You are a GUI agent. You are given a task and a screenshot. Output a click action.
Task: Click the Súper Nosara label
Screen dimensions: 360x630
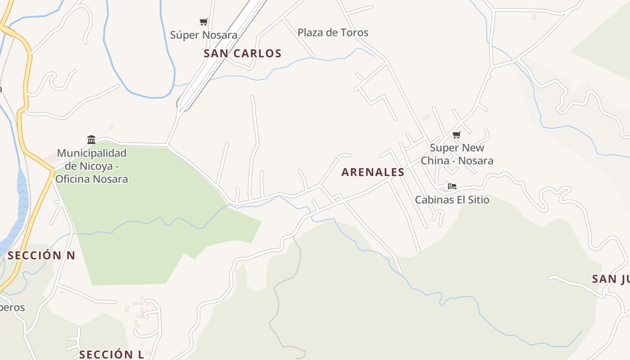pos(204,35)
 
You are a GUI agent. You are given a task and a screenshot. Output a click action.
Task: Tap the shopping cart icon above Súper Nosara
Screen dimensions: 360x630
pos(203,22)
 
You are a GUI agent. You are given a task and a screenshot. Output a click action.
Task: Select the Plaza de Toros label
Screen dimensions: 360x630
pos(333,32)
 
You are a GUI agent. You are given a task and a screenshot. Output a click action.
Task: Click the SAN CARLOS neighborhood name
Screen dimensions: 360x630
pos(243,54)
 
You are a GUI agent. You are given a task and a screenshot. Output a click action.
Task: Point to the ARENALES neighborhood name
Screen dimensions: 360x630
pos(373,172)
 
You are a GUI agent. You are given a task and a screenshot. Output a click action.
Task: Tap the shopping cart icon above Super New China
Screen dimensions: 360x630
pos(457,135)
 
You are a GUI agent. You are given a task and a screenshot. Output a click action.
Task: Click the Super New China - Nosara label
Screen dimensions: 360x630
pos(457,154)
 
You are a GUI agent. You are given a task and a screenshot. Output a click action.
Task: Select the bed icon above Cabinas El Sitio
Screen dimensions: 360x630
pos(452,186)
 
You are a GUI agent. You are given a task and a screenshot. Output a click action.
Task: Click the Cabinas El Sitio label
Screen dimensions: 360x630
pos(452,200)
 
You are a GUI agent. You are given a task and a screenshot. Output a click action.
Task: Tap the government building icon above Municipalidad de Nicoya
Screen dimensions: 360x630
pos(91,139)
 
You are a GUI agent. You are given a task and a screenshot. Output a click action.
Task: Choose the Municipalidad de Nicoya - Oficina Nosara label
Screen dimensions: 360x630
pos(92,166)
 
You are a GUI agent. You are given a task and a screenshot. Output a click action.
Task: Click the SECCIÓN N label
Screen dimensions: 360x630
pos(41,256)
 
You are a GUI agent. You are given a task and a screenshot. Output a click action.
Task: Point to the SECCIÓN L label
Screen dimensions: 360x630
pos(112,354)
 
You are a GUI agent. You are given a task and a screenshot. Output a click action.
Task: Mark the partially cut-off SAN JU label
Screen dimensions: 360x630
pos(610,279)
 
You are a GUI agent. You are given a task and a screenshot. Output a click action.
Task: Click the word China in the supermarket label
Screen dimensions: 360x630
pos(435,161)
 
